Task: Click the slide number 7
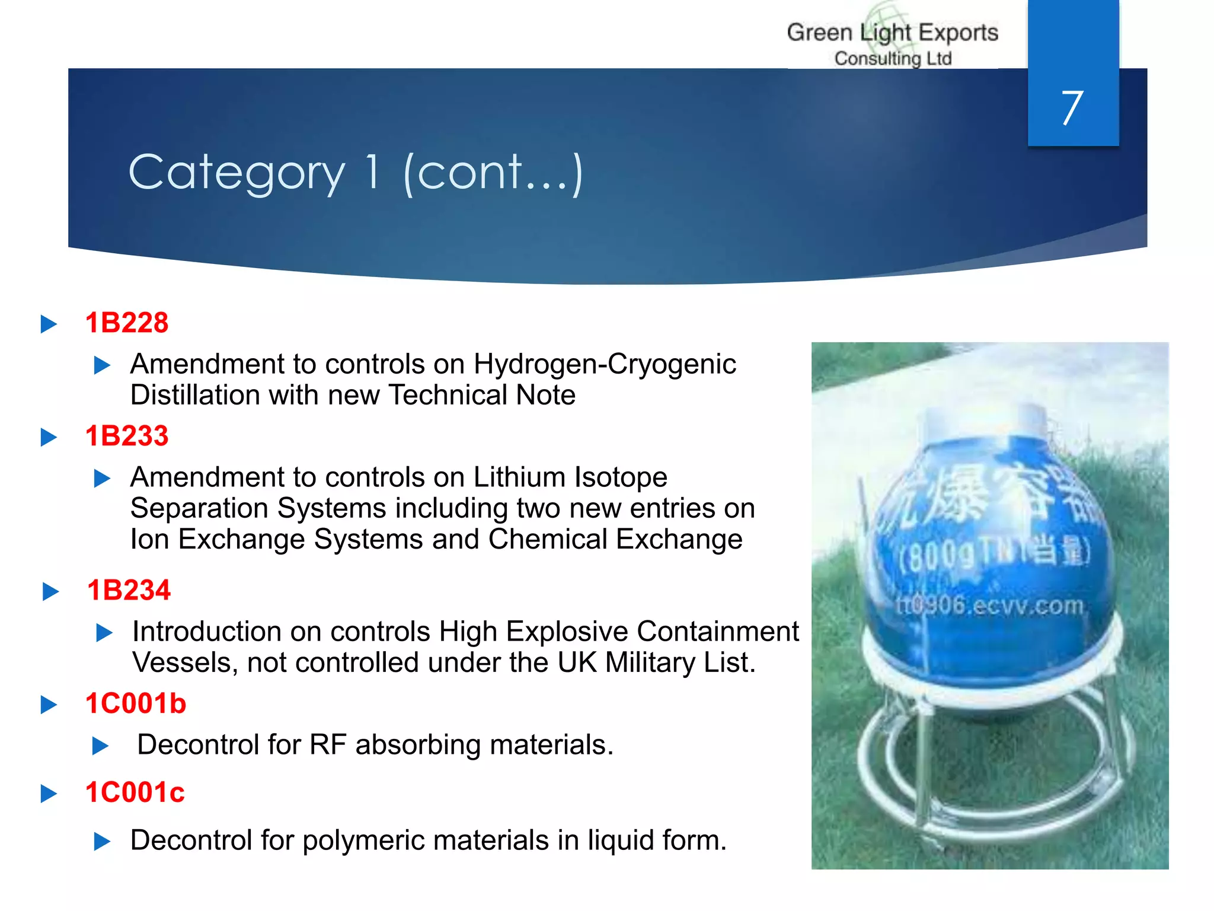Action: click(1072, 108)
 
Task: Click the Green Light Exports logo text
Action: click(892, 33)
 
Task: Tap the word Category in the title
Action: click(237, 173)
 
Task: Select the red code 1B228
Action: click(127, 323)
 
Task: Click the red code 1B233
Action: click(127, 436)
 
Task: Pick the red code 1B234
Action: click(129, 591)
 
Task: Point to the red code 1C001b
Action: click(136, 704)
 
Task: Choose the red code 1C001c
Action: click(135, 793)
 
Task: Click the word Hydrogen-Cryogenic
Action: click(605, 364)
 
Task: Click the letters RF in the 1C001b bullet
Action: click(328, 745)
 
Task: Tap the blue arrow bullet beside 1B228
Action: click(49, 324)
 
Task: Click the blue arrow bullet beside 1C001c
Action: click(49, 794)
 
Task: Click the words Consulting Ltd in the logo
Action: click(893, 59)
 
